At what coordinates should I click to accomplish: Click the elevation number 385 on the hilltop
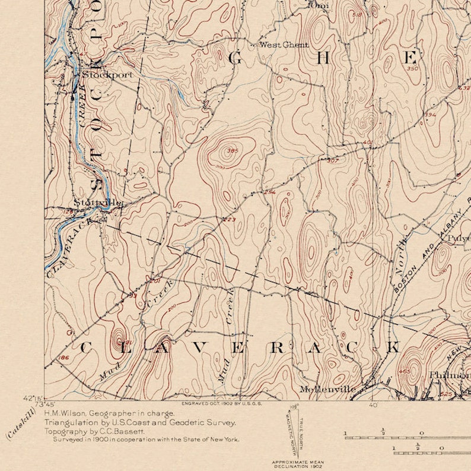[232, 151]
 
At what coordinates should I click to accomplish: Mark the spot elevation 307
[332, 160]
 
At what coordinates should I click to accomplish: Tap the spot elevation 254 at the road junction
[270, 192]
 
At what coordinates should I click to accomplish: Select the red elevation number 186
[64, 358]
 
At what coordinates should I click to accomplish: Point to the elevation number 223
[229, 220]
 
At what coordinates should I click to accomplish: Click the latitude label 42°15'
[32, 398]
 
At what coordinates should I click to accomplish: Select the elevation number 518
[357, 14]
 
